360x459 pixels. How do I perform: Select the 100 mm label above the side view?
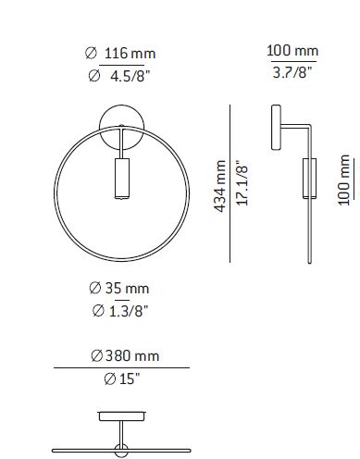(292, 51)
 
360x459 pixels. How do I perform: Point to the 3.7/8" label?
(292, 72)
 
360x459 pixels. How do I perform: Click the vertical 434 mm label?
(220, 186)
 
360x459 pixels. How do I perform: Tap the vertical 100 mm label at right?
(344, 180)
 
